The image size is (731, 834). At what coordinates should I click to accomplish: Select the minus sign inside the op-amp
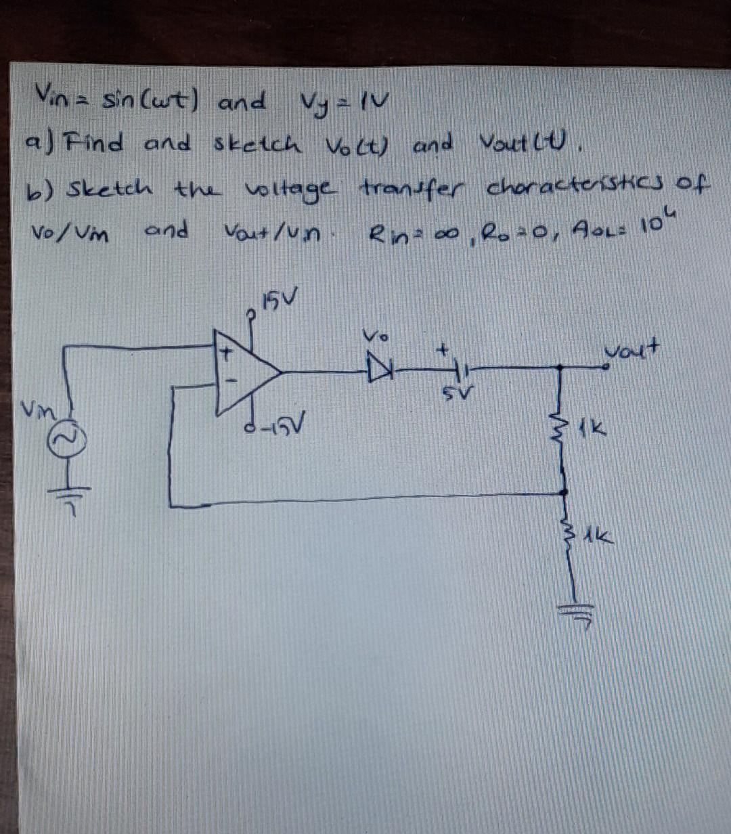[x=229, y=382]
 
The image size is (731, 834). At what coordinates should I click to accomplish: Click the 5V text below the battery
[x=462, y=393]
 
